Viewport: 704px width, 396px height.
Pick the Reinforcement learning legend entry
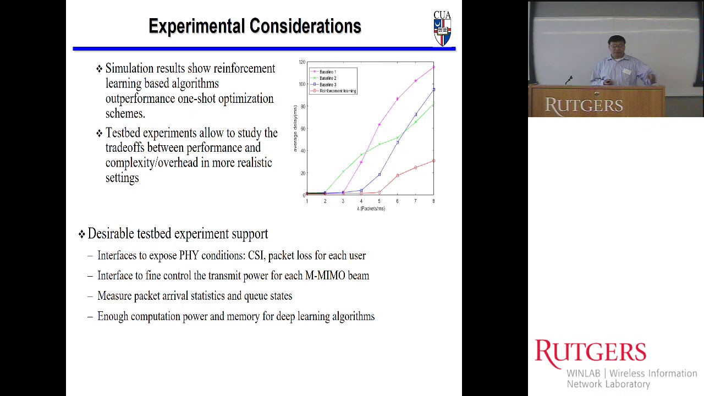click(x=337, y=91)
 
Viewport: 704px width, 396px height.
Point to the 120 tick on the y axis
click(x=302, y=62)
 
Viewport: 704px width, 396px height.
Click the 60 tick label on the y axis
click(x=302, y=129)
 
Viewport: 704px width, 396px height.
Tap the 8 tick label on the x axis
click(x=433, y=201)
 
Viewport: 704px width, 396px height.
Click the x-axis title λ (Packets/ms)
click(x=371, y=208)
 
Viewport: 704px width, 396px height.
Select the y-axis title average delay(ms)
click(x=295, y=129)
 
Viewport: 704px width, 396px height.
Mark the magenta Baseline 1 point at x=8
click(x=433, y=67)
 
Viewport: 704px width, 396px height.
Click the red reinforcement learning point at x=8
click(x=433, y=161)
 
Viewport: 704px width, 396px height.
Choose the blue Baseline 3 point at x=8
click(x=433, y=89)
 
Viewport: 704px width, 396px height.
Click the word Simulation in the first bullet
click(x=129, y=69)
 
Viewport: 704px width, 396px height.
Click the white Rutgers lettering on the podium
click(x=584, y=105)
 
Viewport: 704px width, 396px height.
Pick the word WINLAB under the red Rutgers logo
click(x=584, y=373)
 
